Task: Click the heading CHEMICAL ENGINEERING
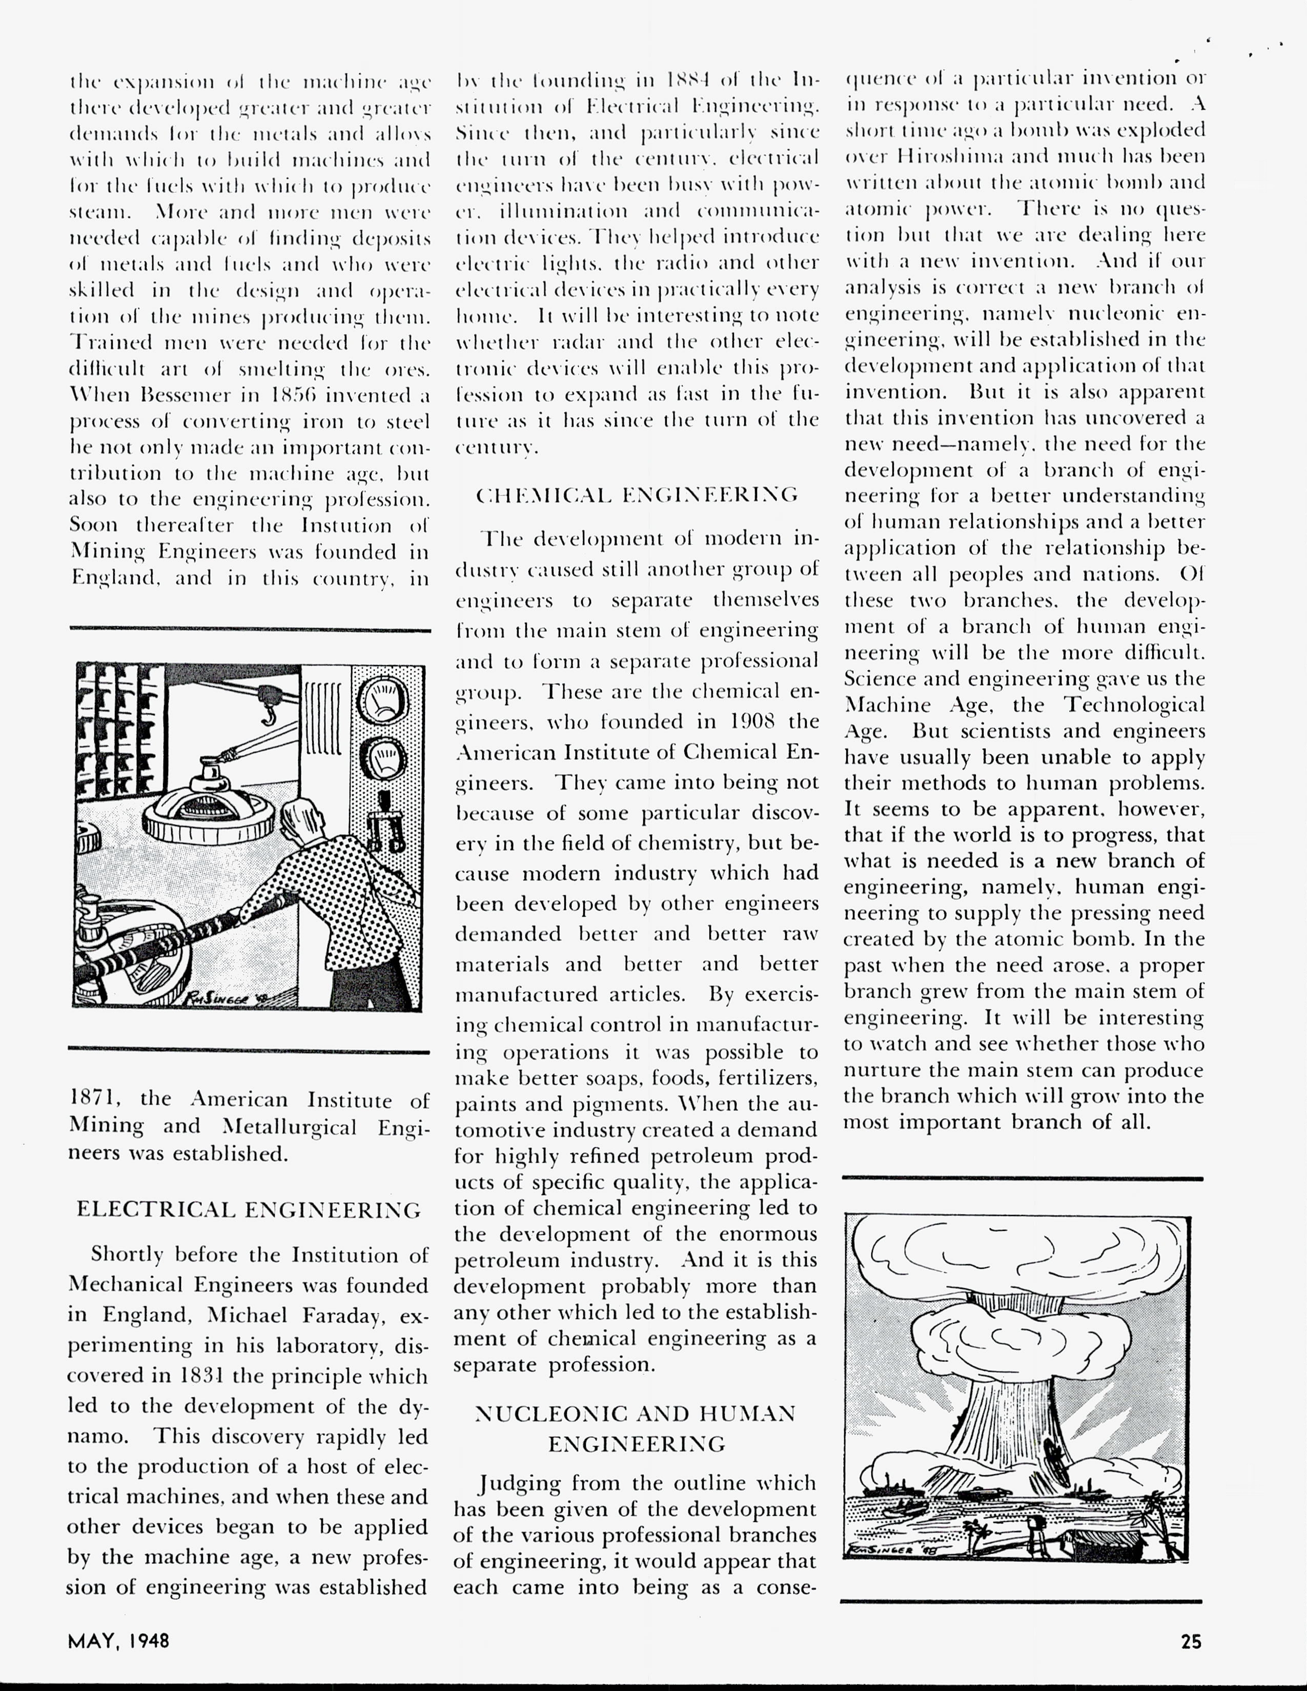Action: pyautogui.click(x=637, y=495)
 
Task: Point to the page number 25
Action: pyautogui.click(x=1191, y=1641)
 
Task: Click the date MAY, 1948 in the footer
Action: pyautogui.click(x=118, y=1641)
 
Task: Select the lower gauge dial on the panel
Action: pyautogui.click(x=381, y=759)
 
